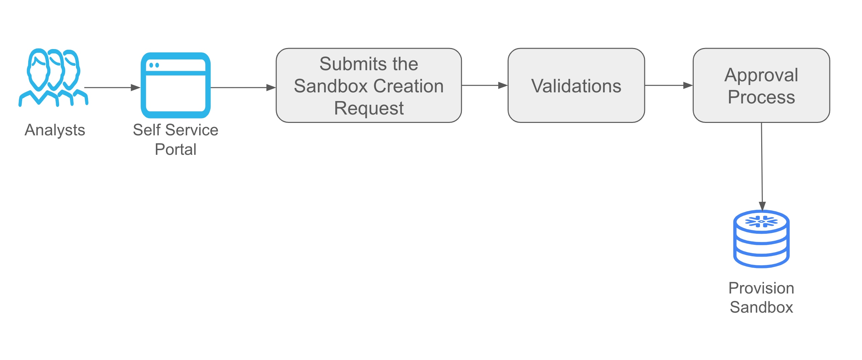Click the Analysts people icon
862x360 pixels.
pos(53,78)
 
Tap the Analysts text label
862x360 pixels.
pos(55,130)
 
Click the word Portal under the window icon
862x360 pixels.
pos(175,149)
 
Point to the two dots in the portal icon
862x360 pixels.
pos(154,65)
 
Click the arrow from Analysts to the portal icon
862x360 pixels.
pos(112,88)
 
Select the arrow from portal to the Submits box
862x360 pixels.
pos(243,88)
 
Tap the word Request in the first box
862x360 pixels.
pos(369,108)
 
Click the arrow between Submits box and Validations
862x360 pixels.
pos(484,86)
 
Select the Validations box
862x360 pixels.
pos(576,86)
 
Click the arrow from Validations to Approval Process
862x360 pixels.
pos(669,86)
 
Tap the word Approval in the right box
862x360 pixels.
pos(761,75)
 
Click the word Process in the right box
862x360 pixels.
pos(761,97)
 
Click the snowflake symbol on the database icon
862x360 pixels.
pos(761,222)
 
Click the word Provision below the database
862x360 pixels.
pos(761,288)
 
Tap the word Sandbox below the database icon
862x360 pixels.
pos(761,307)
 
